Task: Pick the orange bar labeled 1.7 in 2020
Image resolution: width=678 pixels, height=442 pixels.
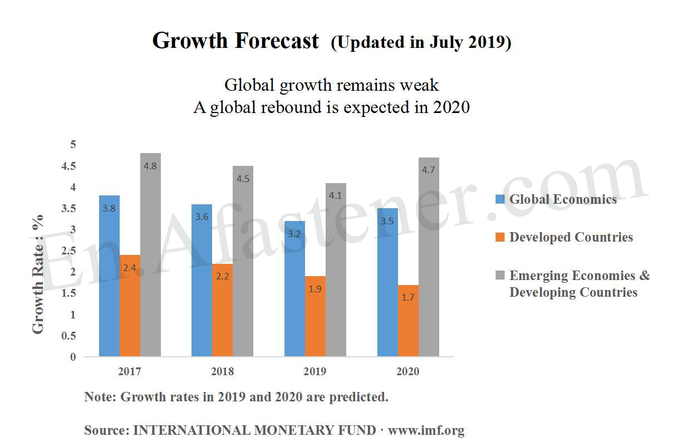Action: tap(408, 321)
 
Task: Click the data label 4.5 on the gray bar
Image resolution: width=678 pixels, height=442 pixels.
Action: tap(243, 179)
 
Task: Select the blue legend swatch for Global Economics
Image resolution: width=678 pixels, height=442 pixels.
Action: tap(500, 199)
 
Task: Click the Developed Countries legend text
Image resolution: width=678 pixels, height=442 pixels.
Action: tap(571, 237)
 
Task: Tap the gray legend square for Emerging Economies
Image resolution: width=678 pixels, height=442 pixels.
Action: tap(500, 276)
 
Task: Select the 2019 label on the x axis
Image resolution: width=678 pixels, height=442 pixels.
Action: tap(315, 372)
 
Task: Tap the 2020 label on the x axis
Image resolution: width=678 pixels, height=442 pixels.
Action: tap(407, 372)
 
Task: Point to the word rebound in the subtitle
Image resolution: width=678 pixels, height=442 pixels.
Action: tap(294, 107)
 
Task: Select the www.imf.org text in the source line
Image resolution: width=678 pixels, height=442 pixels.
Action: tap(426, 430)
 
